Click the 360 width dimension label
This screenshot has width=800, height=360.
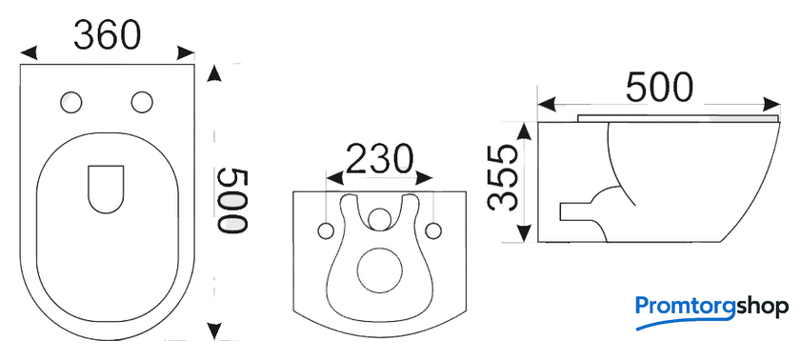(x=107, y=35)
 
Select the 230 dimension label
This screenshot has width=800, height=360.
(x=379, y=159)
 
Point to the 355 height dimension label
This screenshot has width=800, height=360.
(x=502, y=177)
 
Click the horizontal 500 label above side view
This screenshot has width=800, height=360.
(x=659, y=88)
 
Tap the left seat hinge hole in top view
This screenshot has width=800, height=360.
(x=70, y=102)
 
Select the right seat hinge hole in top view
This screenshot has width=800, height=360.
(x=142, y=102)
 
